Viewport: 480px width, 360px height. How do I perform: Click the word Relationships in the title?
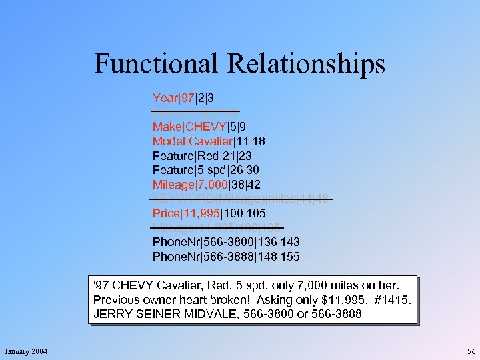307,63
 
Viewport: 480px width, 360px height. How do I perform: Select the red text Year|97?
173,98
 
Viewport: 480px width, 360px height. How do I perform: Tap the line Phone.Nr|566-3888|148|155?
226,256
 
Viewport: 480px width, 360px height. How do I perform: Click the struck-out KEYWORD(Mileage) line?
241,198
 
